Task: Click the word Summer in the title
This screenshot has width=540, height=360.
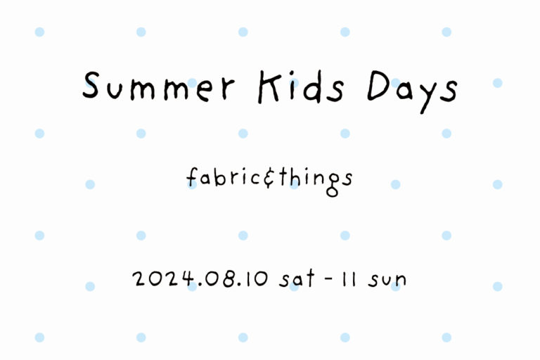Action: tap(159, 86)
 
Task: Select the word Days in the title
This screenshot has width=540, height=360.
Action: tap(413, 92)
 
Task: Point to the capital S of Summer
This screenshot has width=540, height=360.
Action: tap(91, 85)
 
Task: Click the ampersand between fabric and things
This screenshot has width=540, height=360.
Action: tap(269, 179)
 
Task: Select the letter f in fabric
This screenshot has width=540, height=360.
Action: tap(192, 177)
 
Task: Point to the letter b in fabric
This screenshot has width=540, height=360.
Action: tap(219, 177)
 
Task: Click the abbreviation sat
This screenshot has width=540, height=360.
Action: tap(297, 278)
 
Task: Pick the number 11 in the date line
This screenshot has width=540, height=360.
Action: tap(349, 279)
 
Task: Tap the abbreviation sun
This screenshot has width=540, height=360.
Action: tap(387, 281)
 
